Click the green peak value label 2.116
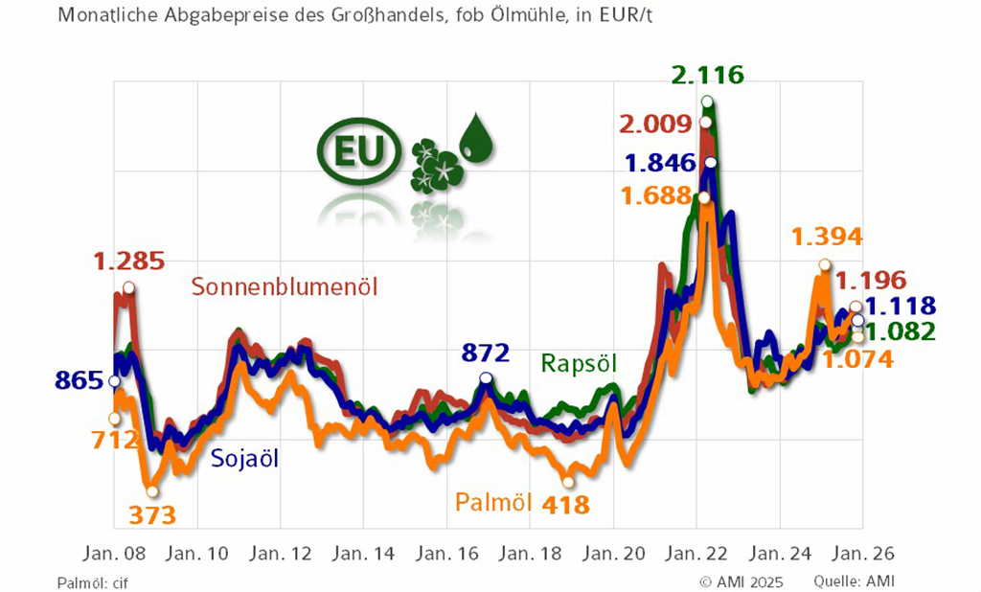[x=708, y=75]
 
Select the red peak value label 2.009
[x=654, y=125]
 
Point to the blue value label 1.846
[x=661, y=163]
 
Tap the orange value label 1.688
[x=655, y=196]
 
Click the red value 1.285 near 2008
[x=128, y=261]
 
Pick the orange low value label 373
[x=152, y=515]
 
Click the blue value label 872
[x=485, y=352]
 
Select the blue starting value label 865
[x=80, y=380]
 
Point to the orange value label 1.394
[x=827, y=237]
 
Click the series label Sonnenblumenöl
[x=285, y=286]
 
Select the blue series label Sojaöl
[x=244, y=458]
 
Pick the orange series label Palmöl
[x=493, y=502]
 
